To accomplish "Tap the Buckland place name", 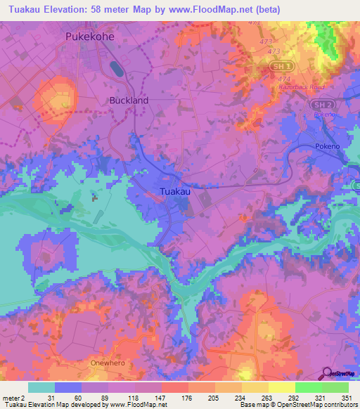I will pyautogui.click(x=129, y=100).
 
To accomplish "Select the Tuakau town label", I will pyautogui.click(x=174, y=191).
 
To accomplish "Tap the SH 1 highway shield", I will pyautogui.click(x=278, y=65).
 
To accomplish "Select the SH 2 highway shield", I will pyautogui.click(x=321, y=103).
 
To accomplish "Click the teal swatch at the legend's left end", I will pyautogui.click(x=41, y=387).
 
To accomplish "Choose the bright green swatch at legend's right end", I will pyautogui.click(x=335, y=387).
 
